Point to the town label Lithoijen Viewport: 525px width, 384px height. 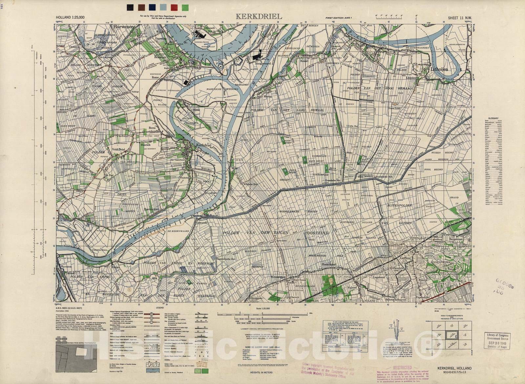point(439,70)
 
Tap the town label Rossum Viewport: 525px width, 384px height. point(159,56)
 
